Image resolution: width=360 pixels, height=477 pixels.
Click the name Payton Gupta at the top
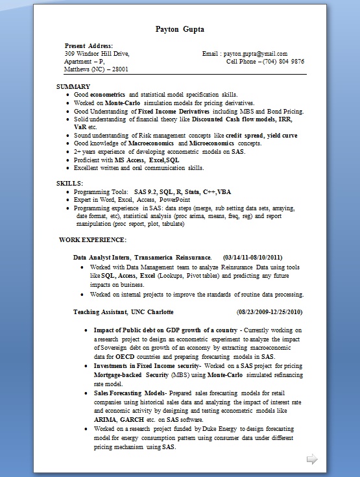coord(180,30)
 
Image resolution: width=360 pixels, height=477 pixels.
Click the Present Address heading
coord(89,45)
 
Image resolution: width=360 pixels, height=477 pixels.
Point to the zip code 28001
coord(118,69)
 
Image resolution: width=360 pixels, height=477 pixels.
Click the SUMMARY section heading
coord(73,86)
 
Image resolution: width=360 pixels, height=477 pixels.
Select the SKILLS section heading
coord(69,184)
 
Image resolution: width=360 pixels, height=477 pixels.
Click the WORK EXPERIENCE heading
coord(93,240)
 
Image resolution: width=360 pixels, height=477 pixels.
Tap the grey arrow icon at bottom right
coord(311,459)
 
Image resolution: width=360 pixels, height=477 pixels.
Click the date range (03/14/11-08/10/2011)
coord(252,258)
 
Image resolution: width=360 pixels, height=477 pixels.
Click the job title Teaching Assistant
coord(101,312)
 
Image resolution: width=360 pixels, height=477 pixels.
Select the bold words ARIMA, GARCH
coord(115,419)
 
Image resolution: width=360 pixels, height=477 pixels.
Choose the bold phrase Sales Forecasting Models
coord(130,393)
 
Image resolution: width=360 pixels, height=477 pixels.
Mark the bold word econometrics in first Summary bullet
coord(108,95)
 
